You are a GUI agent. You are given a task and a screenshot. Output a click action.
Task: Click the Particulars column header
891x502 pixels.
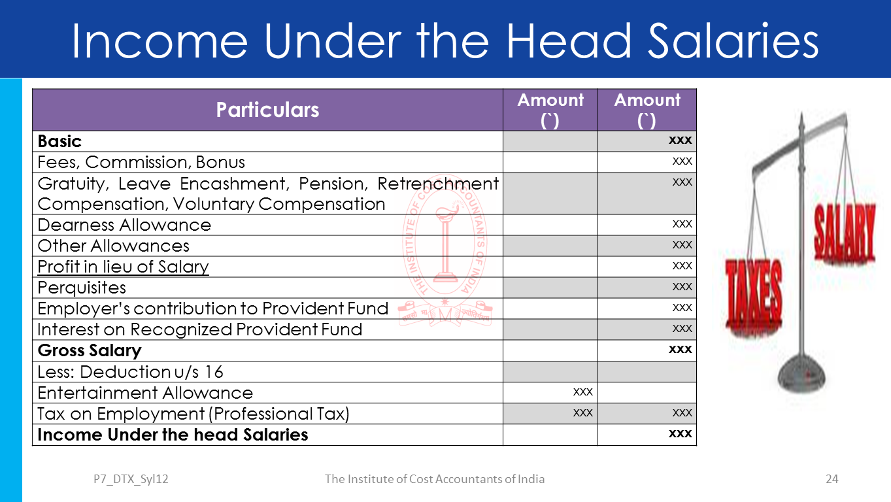pyautogui.click(x=267, y=110)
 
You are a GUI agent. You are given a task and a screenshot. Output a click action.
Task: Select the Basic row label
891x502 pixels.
pyautogui.click(x=59, y=141)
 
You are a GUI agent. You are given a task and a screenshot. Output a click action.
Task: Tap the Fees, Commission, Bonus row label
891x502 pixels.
pyautogui.click(x=141, y=162)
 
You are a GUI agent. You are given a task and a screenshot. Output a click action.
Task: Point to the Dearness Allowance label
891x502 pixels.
pyautogui.click(x=124, y=225)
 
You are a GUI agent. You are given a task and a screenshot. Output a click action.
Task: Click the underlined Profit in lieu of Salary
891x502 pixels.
pyautogui.click(x=123, y=267)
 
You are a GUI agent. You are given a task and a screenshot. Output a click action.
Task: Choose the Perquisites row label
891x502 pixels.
pyautogui.click(x=82, y=288)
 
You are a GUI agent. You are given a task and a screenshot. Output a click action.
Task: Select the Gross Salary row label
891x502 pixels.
pyautogui.click(x=90, y=350)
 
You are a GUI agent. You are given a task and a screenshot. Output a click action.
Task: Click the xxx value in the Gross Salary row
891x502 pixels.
pyautogui.click(x=680, y=349)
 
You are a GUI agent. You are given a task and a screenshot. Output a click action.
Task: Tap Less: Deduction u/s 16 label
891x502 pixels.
pyautogui.click(x=130, y=372)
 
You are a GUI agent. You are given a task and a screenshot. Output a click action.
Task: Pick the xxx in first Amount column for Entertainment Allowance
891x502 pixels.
pyautogui.click(x=582, y=392)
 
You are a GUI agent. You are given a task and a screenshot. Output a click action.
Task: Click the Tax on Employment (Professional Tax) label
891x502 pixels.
pyautogui.click(x=193, y=414)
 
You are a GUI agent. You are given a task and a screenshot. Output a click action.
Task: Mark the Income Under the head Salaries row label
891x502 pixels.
pyautogui.click(x=173, y=435)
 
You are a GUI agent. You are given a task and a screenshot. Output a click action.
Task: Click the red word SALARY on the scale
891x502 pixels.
pyautogui.click(x=843, y=234)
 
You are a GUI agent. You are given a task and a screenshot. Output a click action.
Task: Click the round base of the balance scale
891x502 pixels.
pyautogui.click(x=801, y=376)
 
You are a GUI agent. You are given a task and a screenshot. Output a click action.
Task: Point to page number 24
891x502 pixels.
pyautogui.click(x=832, y=479)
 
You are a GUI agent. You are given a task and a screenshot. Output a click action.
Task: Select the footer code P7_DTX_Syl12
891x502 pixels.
pyautogui.click(x=131, y=479)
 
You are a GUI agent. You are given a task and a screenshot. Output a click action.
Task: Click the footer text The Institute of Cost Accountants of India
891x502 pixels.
pyautogui.click(x=435, y=479)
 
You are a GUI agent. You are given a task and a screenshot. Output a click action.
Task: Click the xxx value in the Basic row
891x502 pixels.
pyautogui.click(x=680, y=140)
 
